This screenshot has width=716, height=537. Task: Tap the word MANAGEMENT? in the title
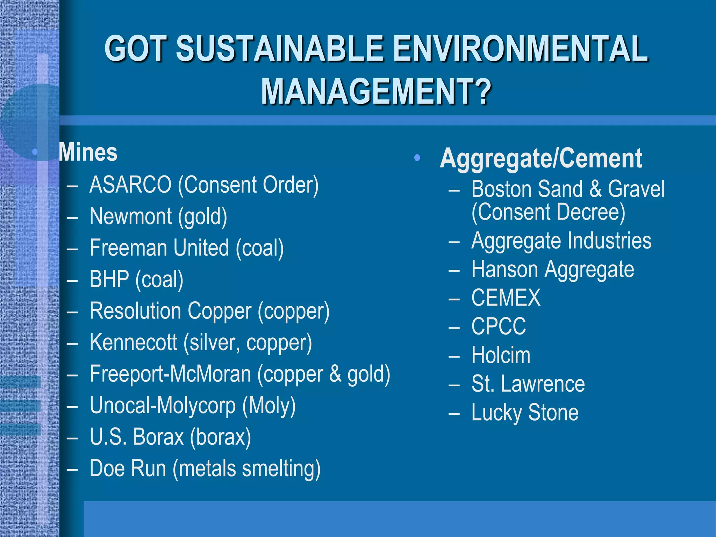(376, 92)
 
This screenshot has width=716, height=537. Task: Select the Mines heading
(88, 153)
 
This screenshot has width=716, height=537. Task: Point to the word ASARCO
(130, 185)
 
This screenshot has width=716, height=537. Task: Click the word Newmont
(130, 216)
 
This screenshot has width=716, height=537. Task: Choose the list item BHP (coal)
(136, 280)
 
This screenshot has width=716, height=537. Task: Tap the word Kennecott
(133, 342)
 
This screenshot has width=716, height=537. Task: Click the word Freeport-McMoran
(170, 374)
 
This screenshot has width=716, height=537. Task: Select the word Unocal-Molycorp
(163, 406)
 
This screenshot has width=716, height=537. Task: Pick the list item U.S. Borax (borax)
(170, 437)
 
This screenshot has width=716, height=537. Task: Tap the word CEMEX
(506, 298)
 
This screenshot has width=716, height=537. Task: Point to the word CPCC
(499, 327)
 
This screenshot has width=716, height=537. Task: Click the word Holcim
(501, 355)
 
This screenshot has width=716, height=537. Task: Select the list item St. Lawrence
(528, 384)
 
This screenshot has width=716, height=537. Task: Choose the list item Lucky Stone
(525, 413)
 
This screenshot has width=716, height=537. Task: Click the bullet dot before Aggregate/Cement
(416, 158)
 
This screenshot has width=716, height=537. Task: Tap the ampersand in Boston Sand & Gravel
(595, 189)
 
